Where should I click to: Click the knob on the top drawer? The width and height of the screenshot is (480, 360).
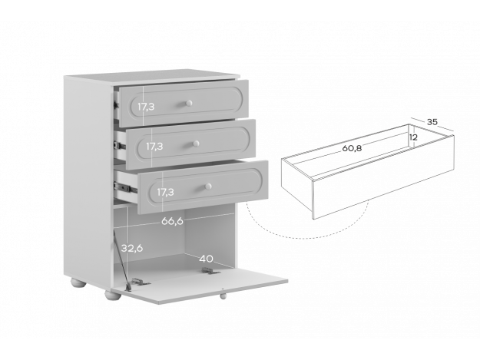[189, 103]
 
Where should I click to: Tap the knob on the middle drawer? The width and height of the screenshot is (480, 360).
[197, 144]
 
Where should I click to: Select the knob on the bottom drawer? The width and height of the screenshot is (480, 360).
[208, 187]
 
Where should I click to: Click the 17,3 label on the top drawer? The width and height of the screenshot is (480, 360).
[146, 107]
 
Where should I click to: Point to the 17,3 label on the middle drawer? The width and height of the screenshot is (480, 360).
[154, 147]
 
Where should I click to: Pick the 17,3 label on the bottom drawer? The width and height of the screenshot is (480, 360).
[165, 192]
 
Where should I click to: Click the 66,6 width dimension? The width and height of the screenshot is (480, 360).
[172, 221]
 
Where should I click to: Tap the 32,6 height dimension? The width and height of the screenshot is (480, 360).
[132, 248]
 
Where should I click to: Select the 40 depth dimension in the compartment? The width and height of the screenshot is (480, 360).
[206, 259]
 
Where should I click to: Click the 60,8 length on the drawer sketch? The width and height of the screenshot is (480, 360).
[352, 148]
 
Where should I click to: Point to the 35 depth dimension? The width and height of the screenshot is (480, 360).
[432, 122]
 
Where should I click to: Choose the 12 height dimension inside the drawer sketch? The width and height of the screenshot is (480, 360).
[413, 137]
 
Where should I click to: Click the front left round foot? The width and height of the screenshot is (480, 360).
[111, 295]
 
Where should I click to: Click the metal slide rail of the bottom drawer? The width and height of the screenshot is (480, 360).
[125, 187]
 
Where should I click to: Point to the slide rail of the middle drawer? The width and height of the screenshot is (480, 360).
[120, 145]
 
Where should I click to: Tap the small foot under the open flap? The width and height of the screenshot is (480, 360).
[223, 296]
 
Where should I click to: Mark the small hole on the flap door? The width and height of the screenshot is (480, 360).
[223, 289]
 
